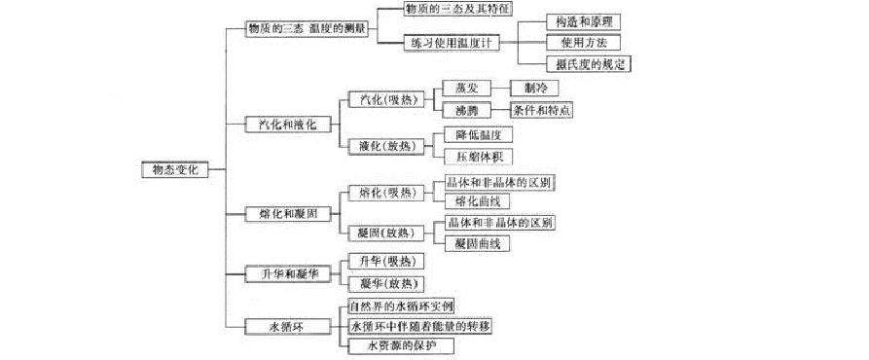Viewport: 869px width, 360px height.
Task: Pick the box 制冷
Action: (535, 88)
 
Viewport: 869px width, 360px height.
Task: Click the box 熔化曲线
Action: (477, 201)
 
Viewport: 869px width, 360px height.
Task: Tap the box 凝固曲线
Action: (477, 244)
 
